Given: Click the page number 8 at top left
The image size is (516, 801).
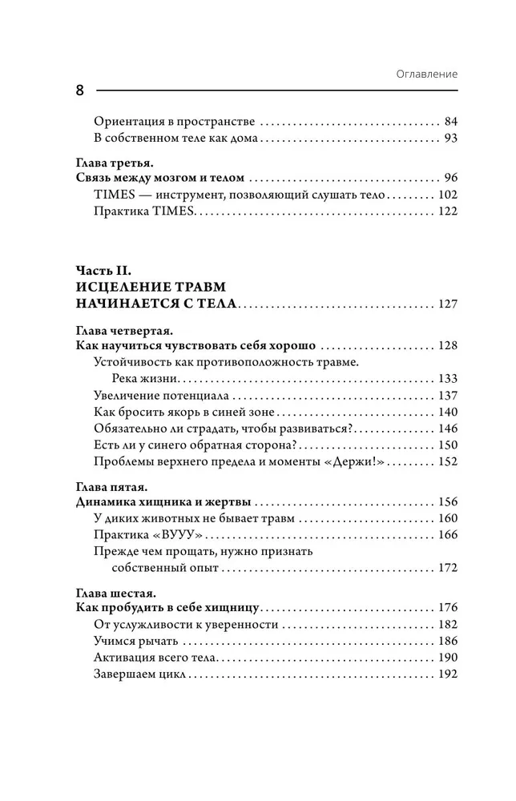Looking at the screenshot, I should (x=80, y=90).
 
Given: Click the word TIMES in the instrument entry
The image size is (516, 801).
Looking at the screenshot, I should (x=112, y=195).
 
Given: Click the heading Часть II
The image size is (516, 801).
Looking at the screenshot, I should (x=105, y=270).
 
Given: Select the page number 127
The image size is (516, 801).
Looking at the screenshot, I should (x=447, y=304).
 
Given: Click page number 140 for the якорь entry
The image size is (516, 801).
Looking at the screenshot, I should (x=447, y=412).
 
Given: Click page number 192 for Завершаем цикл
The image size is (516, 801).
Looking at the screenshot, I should (x=447, y=674).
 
